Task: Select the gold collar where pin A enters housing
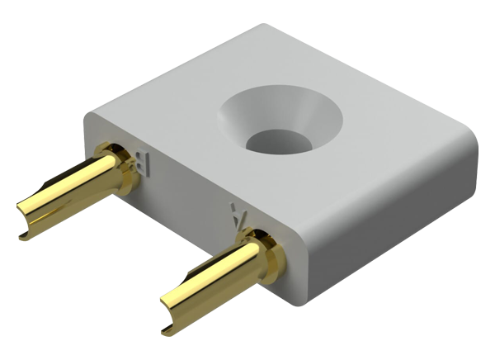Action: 262,252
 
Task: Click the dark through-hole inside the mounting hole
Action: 279,141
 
